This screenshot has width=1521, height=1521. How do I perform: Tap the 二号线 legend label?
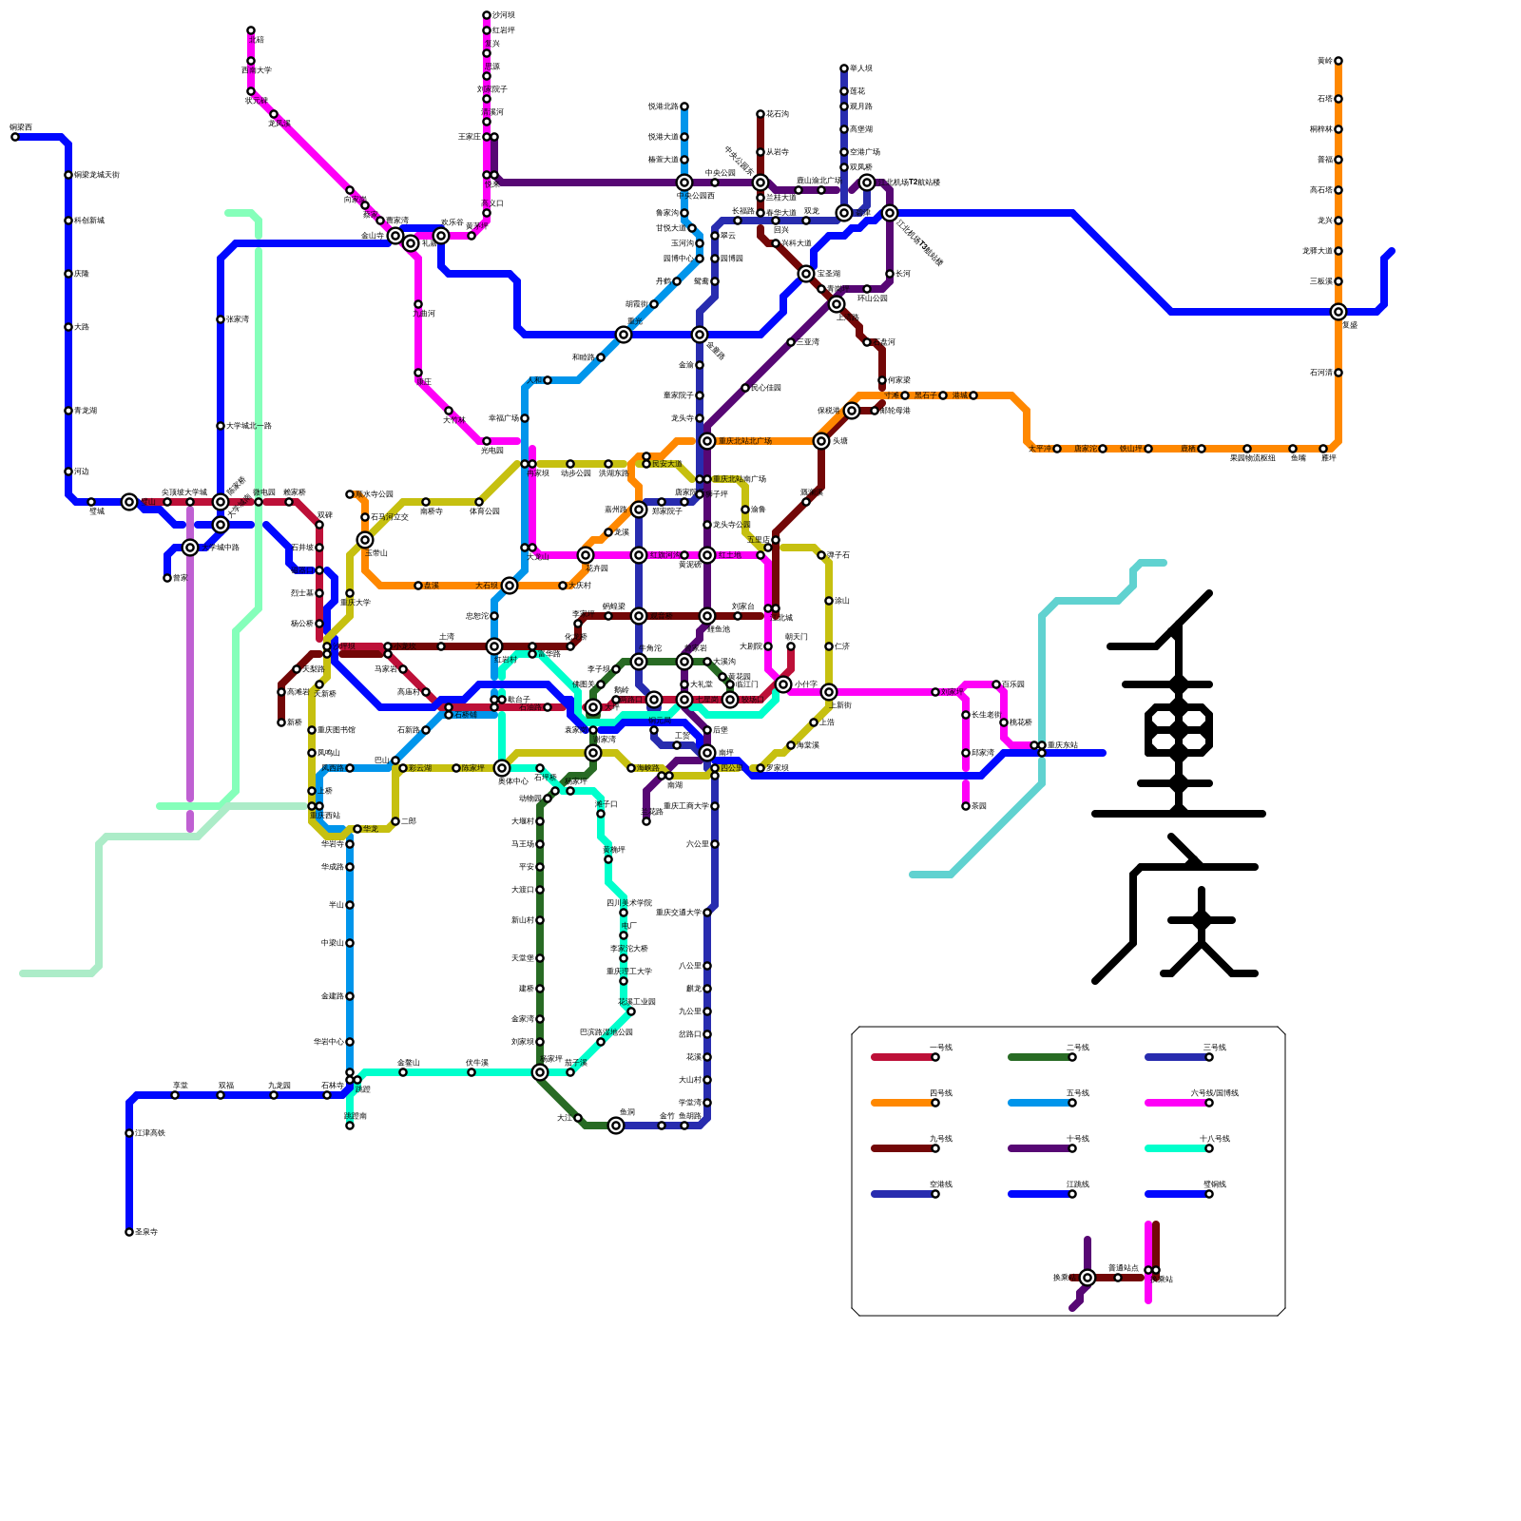(x=1077, y=1048)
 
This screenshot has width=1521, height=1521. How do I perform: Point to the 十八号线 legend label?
(x=1214, y=1139)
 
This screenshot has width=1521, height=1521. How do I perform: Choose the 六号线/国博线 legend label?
(x=1214, y=1093)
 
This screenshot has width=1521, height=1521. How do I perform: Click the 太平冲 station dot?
(x=1057, y=449)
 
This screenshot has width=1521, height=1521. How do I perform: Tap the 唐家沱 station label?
(x=1085, y=449)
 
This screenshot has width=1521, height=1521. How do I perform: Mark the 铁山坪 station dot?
(x=1148, y=449)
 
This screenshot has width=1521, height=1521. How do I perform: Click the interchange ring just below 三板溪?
(x=1338, y=312)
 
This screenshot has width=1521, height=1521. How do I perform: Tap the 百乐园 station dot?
(x=996, y=684)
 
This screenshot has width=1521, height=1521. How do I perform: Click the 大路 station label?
(x=82, y=327)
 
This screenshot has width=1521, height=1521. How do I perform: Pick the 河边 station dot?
(x=68, y=472)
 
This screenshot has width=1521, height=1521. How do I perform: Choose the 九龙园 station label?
(x=279, y=1086)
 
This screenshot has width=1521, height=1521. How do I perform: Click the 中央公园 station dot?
(x=715, y=183)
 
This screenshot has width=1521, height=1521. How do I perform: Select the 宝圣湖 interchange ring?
(x=806, y=274)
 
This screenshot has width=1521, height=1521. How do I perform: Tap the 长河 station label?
(x=903, y=274)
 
